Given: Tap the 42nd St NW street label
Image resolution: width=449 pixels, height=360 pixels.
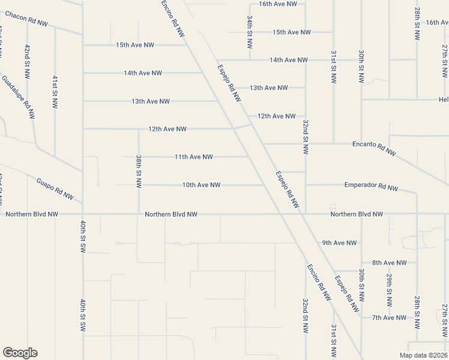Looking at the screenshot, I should pyautogui.click(x=28, y=62).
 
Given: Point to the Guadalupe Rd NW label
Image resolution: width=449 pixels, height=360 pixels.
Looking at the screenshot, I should pyautogui.click(x=18, y=95).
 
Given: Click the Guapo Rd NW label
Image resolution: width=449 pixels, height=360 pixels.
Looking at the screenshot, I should pyautogui.click(x=55, y=188).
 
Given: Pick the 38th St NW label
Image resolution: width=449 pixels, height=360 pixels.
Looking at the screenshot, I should pyautogui.click(x=139, y=172).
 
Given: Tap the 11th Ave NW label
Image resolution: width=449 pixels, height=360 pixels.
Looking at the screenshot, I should pyautogui.click(x=193, y=157).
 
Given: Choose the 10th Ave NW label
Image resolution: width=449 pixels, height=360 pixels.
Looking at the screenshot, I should pyautogui.click(x=201, y=185).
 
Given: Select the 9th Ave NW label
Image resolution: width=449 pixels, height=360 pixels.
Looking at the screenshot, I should pyautogui.click(x=339, y=243).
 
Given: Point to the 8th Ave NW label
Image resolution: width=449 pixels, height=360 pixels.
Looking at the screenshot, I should pyautogui.click(x=389, y=263).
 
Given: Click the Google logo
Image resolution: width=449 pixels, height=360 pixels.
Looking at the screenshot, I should pyautogui.click(x=20, y=353).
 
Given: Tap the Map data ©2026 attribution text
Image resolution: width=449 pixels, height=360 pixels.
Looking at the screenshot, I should pyautogui.click(x=423, y=355).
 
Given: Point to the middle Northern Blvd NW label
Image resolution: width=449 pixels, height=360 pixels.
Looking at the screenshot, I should pyautogui.click(x=171, y=214).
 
